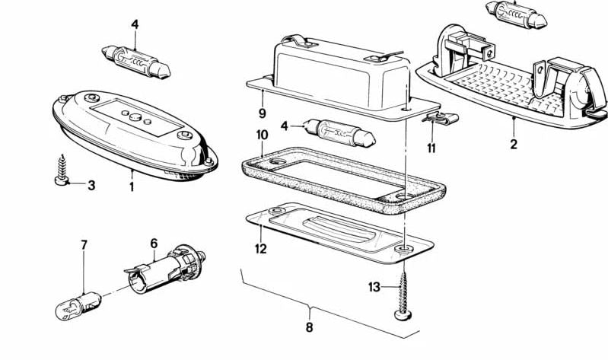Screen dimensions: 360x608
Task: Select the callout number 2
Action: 513,143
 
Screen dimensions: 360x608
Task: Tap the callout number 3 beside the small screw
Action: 91,185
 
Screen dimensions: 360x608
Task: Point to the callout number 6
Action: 153,243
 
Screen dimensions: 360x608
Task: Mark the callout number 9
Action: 261,113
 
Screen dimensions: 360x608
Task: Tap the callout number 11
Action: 431,148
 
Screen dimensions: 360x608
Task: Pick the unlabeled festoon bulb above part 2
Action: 514,13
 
